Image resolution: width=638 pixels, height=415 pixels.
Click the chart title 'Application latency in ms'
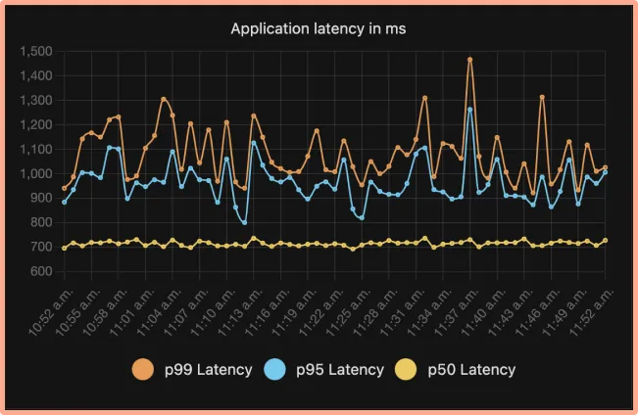point(319,29)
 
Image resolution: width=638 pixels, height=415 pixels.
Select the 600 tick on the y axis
point(40,271)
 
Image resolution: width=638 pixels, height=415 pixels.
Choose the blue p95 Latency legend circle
point(276,369)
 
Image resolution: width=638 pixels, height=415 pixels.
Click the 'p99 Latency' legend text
point(208,370)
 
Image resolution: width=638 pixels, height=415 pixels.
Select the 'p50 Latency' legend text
point(470,370)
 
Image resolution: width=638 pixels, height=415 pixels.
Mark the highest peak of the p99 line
point(470,60)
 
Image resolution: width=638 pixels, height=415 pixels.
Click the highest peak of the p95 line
point(470,110)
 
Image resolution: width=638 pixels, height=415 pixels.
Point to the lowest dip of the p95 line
point(244,222)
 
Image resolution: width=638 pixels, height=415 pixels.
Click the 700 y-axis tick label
point(40,247)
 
